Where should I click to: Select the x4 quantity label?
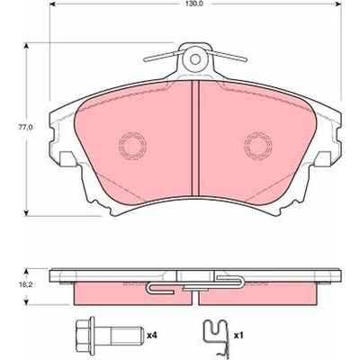tap(152, 336)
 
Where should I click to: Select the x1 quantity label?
tap(238, 336)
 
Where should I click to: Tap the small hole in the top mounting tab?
tap(195, 58)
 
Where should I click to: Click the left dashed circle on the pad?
tap(132, 146)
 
